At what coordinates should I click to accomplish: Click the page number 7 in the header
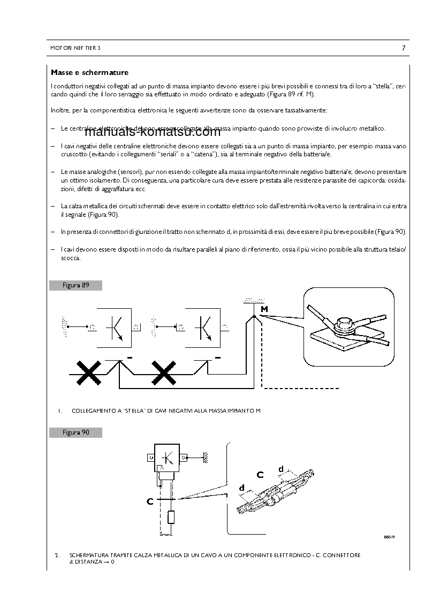point(403,48)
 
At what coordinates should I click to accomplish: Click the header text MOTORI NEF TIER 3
point(75,48)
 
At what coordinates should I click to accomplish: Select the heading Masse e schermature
point(89,72)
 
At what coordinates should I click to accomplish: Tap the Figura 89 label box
point(75,285)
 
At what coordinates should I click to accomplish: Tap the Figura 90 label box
point(75,432)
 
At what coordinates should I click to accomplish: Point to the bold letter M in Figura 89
point(264,309)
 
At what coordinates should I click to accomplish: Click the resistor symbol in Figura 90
point(171,518)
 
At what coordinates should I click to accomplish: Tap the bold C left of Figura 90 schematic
point(150,501)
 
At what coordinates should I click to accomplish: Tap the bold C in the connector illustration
point(260,474)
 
